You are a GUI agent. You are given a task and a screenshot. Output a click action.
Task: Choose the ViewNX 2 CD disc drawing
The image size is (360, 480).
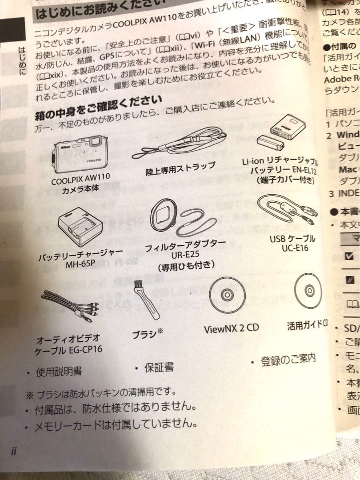[x=227, y=295]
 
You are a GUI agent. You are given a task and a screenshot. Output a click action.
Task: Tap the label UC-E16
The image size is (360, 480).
[x=295, y=248]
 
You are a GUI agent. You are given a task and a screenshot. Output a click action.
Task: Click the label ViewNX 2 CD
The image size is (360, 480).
[x=231, y=329]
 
